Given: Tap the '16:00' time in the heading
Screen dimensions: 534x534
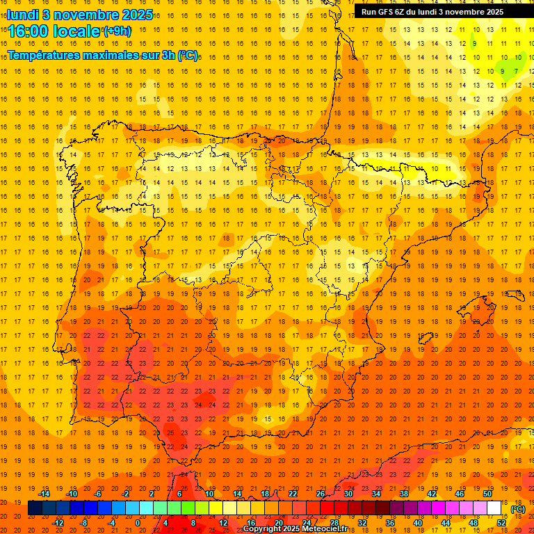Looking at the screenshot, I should click(29, 31).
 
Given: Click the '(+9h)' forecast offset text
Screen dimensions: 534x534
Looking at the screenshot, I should click(116, 31).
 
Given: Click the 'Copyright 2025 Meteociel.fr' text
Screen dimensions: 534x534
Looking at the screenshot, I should click(295, 529).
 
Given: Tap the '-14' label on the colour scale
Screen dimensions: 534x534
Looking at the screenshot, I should click(45, 494).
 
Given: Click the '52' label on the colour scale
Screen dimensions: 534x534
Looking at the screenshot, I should click(501, 522).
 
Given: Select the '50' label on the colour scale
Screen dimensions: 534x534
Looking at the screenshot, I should click(487, 494).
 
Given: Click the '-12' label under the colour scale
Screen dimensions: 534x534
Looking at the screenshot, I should click(58, 522).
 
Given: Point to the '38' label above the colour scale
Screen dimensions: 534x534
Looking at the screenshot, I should click(404, 494).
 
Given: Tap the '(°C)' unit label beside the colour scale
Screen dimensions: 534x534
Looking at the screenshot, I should click(518, 509).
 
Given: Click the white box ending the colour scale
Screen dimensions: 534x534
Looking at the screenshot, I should click(494, 508).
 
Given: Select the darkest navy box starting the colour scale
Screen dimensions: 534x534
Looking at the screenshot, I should click(35, 508).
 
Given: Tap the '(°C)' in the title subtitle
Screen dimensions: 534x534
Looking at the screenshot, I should click(188, 55).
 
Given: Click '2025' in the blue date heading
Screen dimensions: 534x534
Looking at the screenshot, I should click(137, 15).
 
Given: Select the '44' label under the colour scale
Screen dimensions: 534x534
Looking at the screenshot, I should click(446, 522).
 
